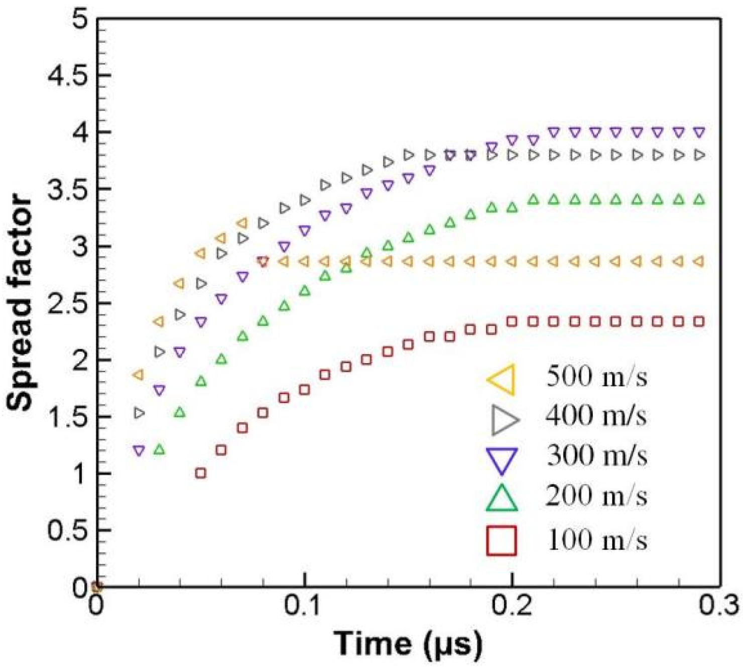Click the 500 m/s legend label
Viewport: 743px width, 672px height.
pyautogui.click(x=596, y=376)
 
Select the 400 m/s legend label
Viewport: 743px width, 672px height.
pyautogui.click(x=596, y=416)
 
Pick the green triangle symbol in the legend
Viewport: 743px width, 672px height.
pyautogui.click(x=502, y=499)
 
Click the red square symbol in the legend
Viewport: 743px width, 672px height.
pyautogui.click(x=502, y=541)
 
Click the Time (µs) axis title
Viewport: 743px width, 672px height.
pyautogui.click(x=408, y=644)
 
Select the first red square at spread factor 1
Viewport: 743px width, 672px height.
pyautogui.click(x=201, y=473)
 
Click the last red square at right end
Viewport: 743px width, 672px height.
pyautogui.click(x=699, y=321)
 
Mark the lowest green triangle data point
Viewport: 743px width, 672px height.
pyautogui.click(x=159, y=449)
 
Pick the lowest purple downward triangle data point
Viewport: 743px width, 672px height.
pyautogui.click(x=139, y=451)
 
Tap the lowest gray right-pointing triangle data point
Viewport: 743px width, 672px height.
pyautogui.click(x=139, y=413)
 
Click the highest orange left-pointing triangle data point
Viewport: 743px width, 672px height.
pyautogui.click(x=242, y=223)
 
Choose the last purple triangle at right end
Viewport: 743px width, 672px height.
pyautogui.click(x=699, y=133)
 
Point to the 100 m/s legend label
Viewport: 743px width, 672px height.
pyautogui.click(x=596, y=541)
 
